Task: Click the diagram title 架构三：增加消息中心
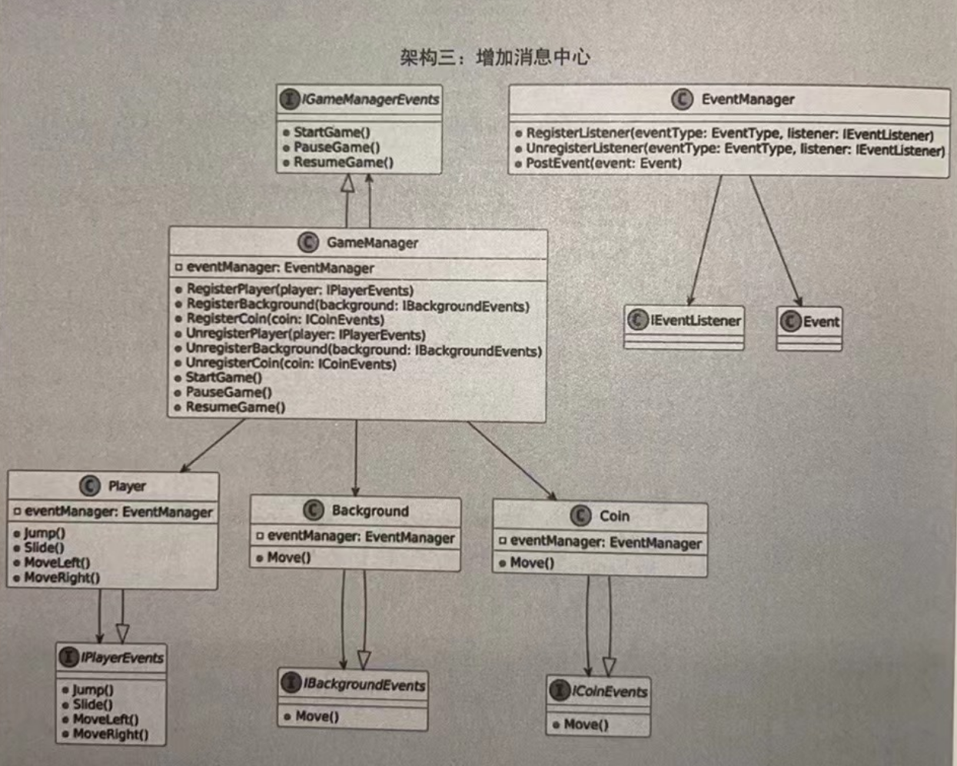click(494, 57)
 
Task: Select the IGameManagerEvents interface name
click(370, 99)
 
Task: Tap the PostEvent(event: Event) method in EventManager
click(603, 163)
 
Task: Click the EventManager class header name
click(747, 99)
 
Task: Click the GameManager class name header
click(372, 243)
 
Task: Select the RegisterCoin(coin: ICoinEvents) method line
click(284, 319)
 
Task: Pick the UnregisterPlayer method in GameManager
click(305, 335)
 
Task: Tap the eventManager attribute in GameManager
click(280, 268)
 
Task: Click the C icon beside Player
click(90, 486)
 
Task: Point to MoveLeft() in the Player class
click(56, 563)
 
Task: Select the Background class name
click(370, 511)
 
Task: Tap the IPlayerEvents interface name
click(121, 658)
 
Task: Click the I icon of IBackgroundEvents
click(291, 683)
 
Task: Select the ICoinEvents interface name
click(609, 691)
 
